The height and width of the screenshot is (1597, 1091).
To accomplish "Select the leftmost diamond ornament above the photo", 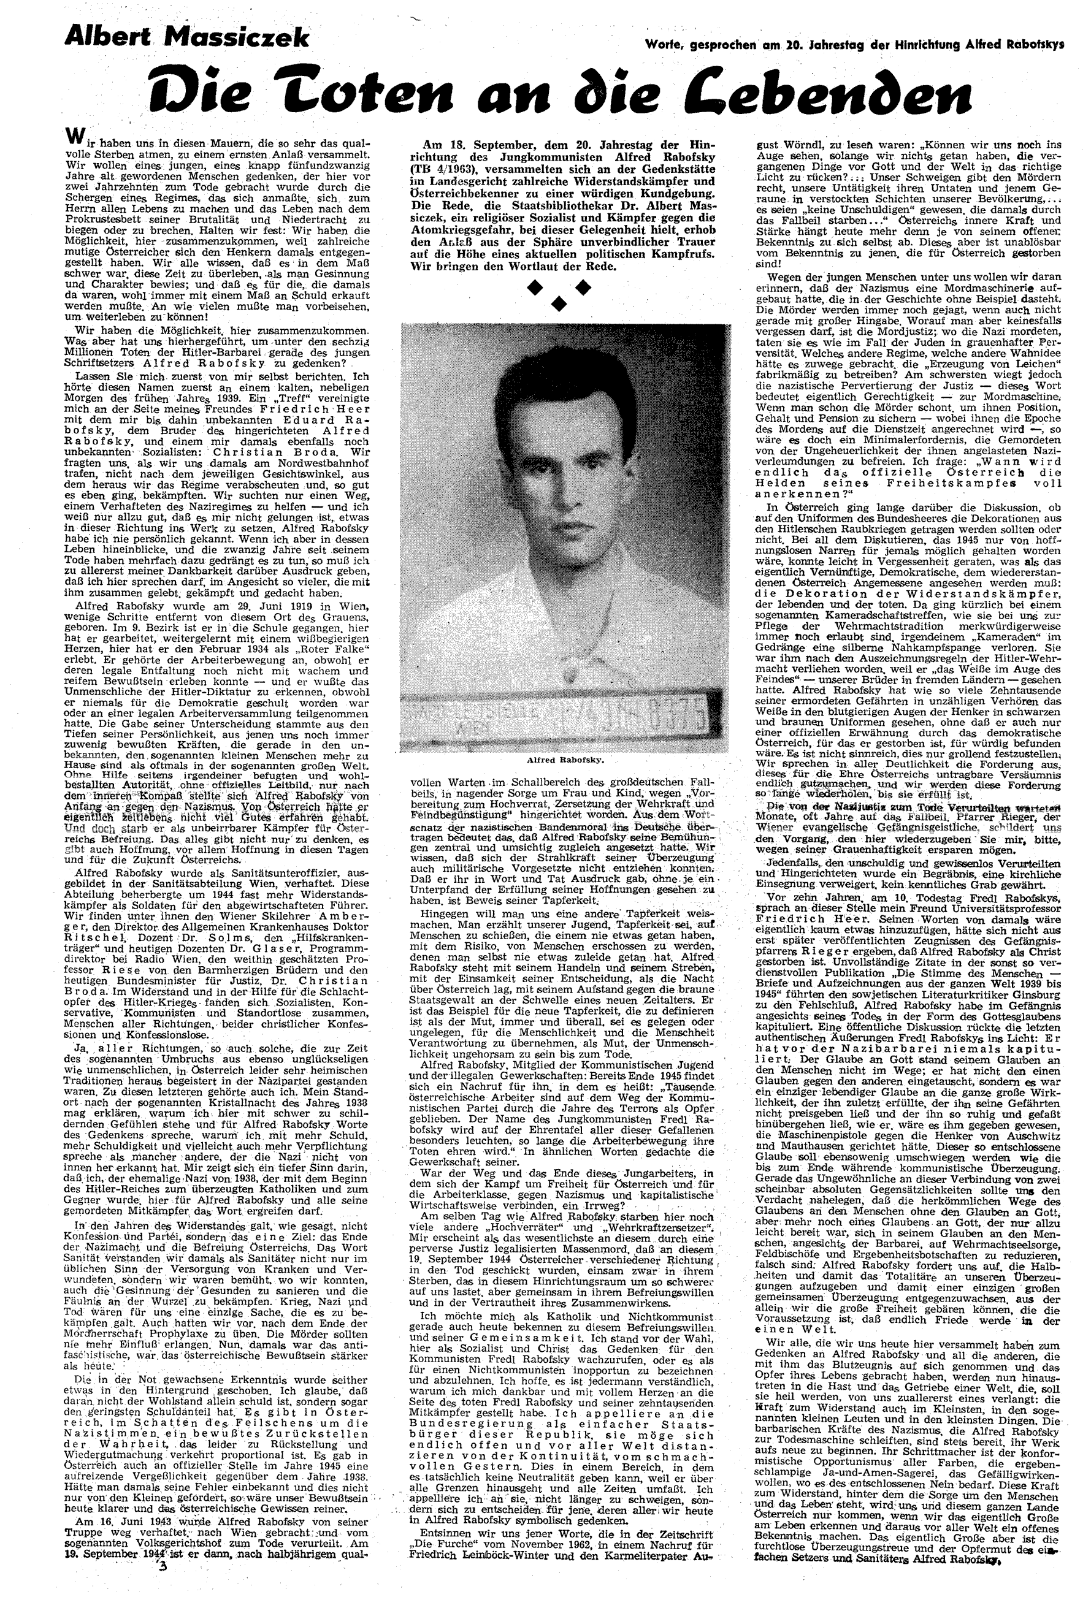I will click(x=534, y=289).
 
